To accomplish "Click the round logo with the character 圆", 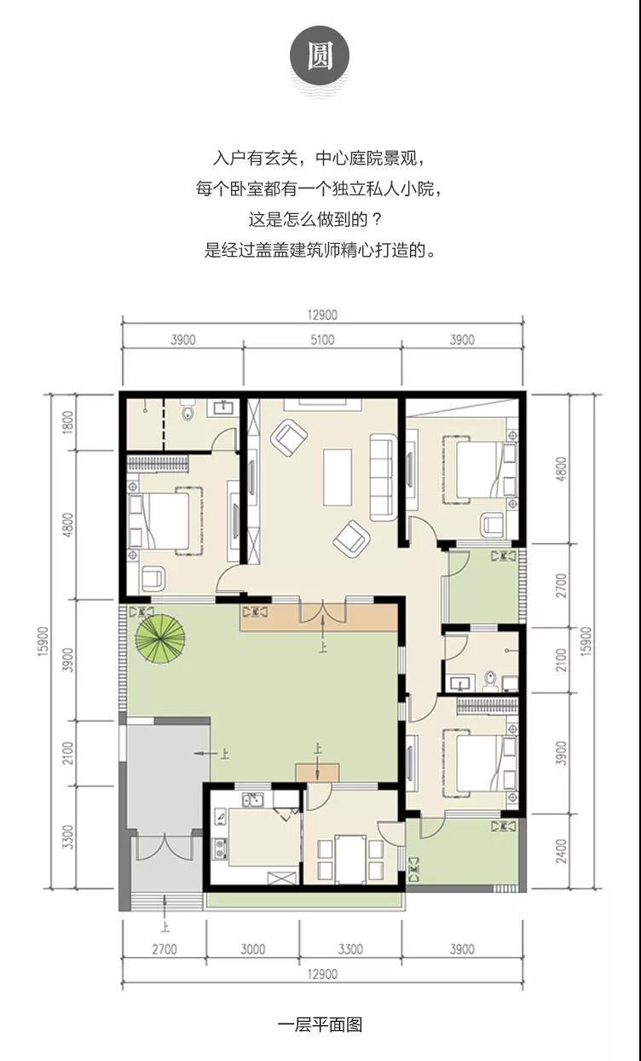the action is pyautogui.click(x=320, y=55).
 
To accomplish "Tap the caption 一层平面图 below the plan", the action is pyautogui.click(x=320, y=1025).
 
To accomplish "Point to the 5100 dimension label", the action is pyautogui.click(x=322, y=339).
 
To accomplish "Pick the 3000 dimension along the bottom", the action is pyautogui.click(x=253, y=949).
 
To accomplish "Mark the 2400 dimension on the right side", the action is pyautogui.click(x=561, y=851).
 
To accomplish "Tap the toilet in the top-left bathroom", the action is pyautogui.click(x=188, y=410).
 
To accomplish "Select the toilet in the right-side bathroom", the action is pyautogui.click(x=491, y=681).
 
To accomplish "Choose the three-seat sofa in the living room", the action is pyautogui.click(x=383, y=477).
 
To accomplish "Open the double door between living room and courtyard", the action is pyautogui.click(x=323, y=612).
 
